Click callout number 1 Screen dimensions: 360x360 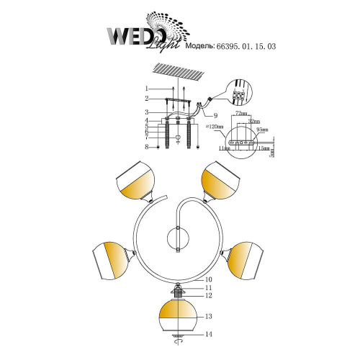147,88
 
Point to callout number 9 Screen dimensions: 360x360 215,114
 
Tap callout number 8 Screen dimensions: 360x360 147,147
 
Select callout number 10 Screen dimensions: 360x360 209,279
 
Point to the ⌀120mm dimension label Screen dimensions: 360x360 215,127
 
